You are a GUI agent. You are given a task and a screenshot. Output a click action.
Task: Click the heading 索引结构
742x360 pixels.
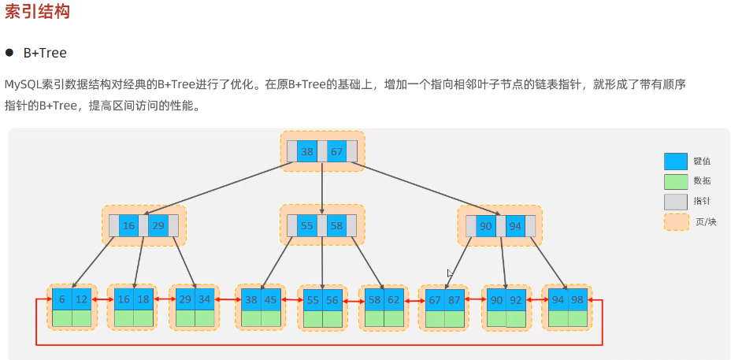tap(37, 13)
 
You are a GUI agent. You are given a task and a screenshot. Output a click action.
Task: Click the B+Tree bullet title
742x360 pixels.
tap(45, 53)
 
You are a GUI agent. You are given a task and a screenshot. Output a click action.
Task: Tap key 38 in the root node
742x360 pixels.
tap(307, 151)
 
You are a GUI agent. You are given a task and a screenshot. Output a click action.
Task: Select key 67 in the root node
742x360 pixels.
tap(336, 151)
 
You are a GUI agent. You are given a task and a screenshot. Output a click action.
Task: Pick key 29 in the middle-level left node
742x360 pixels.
tap(158, 226)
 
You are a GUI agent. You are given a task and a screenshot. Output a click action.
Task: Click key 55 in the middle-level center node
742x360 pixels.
tap(307, 225)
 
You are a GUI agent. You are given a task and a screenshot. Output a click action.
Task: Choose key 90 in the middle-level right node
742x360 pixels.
tap(486, 226)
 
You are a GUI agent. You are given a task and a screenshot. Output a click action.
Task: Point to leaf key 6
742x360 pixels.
tap(61, 300)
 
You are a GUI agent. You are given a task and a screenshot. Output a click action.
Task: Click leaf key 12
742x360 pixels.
tap(81, 300)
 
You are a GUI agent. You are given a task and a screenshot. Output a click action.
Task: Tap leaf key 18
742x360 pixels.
tap(143, 300)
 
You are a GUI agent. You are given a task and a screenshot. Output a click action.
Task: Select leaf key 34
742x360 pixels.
tap(205, 300)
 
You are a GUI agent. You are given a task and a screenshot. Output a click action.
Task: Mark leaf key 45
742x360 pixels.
tap(270, 299)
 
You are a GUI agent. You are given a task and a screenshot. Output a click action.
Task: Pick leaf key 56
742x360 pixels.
tap(332, 300)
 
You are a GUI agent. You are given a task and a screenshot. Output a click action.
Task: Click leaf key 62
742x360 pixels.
tap(394, 300)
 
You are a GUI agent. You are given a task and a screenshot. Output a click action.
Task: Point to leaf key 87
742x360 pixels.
tap(454, 300)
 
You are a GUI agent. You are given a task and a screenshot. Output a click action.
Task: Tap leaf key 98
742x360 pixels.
tap(577, 300)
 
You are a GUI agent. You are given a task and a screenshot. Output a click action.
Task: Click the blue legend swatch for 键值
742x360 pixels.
tap(676, 161)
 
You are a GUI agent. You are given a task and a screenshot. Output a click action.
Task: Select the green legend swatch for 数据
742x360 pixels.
tap(676, 181)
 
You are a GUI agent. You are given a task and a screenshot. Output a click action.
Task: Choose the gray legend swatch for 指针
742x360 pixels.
tap(676, 202)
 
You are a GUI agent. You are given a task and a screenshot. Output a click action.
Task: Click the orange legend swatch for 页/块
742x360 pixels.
tap(676, 222)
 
